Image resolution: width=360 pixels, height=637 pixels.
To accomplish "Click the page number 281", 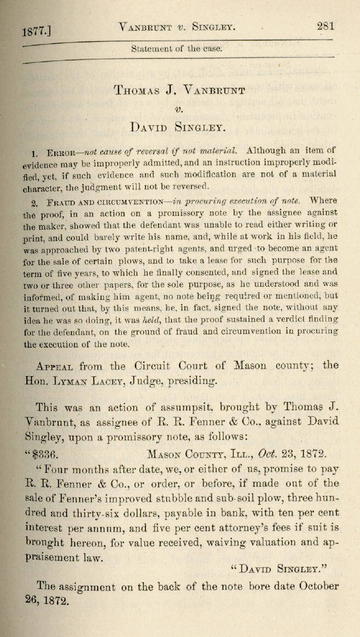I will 325,26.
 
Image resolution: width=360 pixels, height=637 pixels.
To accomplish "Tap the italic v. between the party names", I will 178,108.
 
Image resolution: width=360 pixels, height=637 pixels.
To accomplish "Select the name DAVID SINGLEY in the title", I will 178,128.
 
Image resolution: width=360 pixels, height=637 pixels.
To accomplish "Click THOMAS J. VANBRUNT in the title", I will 179,90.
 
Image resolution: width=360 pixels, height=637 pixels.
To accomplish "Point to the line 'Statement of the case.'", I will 177,48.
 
